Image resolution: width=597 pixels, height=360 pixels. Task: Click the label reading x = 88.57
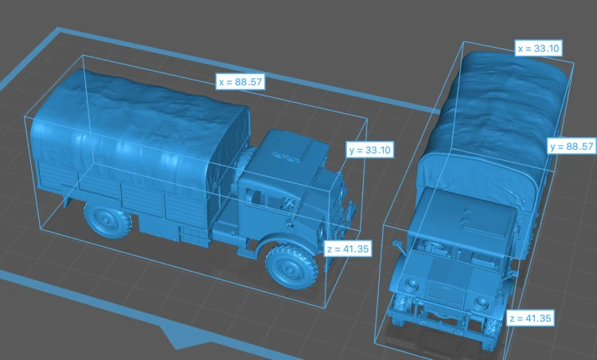(x=240, y=81)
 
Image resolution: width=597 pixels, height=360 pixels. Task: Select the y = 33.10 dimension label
(x=369, y=150)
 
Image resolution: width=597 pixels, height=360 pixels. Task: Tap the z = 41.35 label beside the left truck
(x=348, y=248)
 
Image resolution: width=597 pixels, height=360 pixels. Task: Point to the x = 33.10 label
(x=538, y=49)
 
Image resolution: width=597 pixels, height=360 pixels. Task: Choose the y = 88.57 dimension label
(x=572, y=147)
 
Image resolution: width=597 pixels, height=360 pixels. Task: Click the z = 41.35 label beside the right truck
(x=530, y=318)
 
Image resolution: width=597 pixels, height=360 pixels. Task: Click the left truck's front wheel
(x=291, y=266)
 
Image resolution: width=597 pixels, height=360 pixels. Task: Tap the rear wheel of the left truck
(x=107, y=220)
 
